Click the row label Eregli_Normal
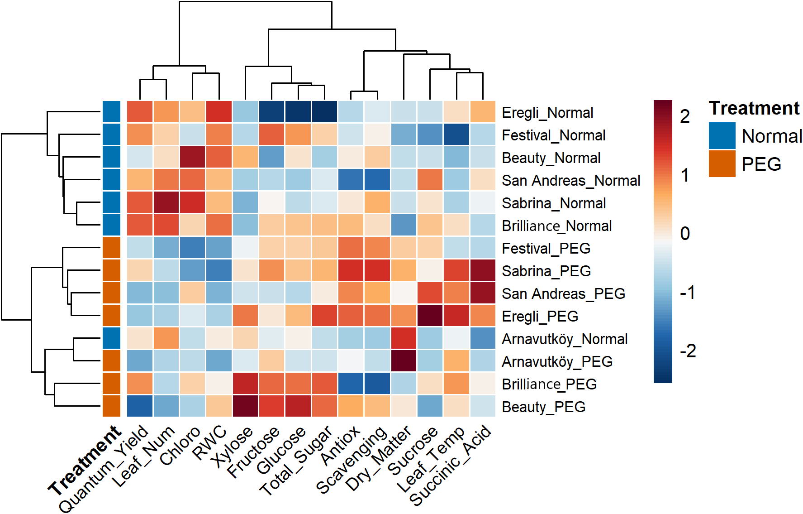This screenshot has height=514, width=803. (x=547, y=112)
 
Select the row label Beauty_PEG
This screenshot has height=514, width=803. (x=543, y=407)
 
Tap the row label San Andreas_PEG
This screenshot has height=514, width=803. (x=563, y=293)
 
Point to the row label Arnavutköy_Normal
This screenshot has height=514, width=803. (x=565, y=339)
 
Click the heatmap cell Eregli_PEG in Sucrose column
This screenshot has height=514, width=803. (x=430, y=316)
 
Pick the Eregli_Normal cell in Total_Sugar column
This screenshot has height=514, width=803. (x=324, y=112)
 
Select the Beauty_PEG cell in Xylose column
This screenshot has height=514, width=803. (x=245, y=406)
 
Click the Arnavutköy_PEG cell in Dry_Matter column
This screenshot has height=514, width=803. (x=404, y=361)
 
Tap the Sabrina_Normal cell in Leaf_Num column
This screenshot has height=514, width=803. (x=166, y=202)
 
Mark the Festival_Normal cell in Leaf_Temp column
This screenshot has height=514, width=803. (x=456, y=135)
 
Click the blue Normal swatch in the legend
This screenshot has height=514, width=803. (x=722, y=135)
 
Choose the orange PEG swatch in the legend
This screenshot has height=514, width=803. (x=722, y=163)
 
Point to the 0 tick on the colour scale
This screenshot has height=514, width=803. (x=685, y=234)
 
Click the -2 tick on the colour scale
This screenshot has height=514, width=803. (x=688, y=351)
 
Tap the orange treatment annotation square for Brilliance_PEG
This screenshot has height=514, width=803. (x=111, y=384)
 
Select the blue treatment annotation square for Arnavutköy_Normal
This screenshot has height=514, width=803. (x=111, y=338)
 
